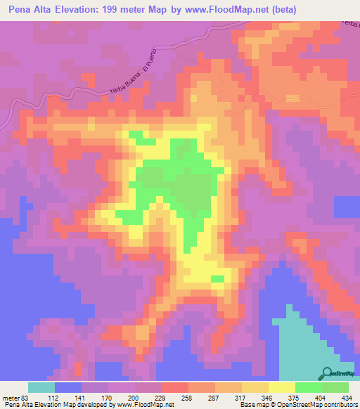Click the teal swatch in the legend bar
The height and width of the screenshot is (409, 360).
[x=41, y=387]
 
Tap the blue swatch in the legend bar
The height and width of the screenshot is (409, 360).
[x=68, y=387]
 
